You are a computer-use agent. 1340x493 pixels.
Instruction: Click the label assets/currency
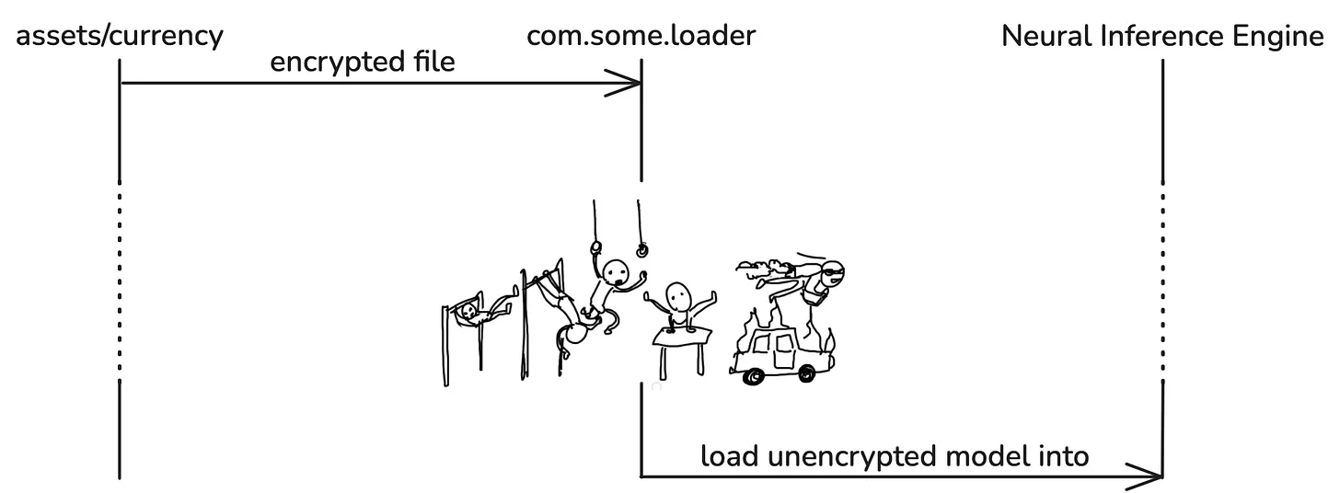[120, 37]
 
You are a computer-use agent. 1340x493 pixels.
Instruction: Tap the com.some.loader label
[641, 37]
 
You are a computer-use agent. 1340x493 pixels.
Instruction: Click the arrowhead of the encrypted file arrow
[633, 85]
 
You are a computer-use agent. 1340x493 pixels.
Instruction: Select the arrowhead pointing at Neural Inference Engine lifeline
[1155, 477]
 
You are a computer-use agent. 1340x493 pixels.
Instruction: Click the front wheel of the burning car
[756, 375]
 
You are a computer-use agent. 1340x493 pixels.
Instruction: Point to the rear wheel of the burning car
[806, 372]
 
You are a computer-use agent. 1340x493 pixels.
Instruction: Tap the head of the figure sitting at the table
[680, 295]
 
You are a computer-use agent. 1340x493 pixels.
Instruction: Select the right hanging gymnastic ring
[641, 247]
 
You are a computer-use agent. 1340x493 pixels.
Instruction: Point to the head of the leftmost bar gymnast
[469, 313]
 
